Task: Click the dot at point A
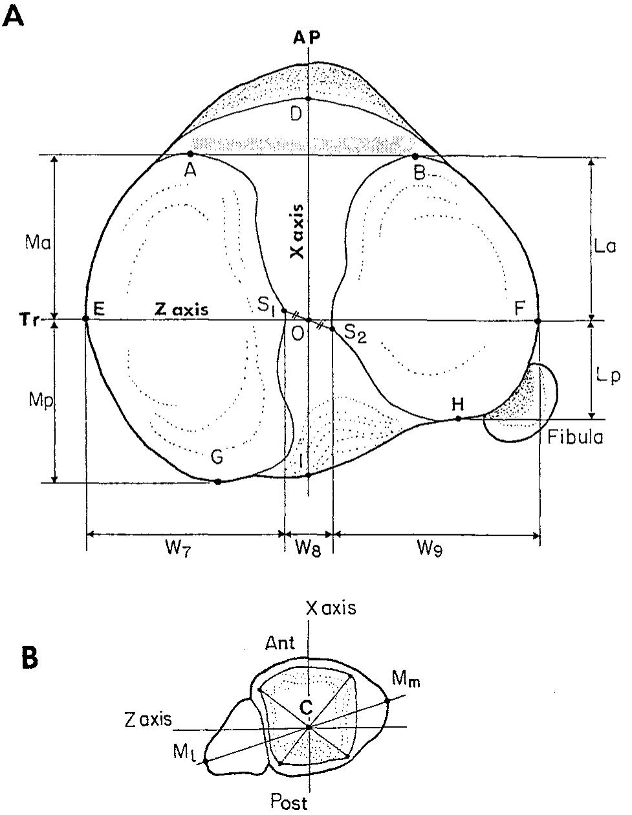[190, 154]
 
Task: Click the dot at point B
[415, 156]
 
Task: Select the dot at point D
[309, 98]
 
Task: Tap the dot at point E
[86, 318]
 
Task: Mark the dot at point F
[538, 320]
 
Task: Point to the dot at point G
[218, 481]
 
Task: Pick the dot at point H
[458, 418]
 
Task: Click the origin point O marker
[309, 320]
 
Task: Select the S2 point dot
[332, 329]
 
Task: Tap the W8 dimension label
[308, 549]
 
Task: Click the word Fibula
[575, 438]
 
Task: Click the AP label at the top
[307, 38]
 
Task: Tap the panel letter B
[30, 658]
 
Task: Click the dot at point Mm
[387, 700]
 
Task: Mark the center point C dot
[309, 727]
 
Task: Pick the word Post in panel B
[289, 803]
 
